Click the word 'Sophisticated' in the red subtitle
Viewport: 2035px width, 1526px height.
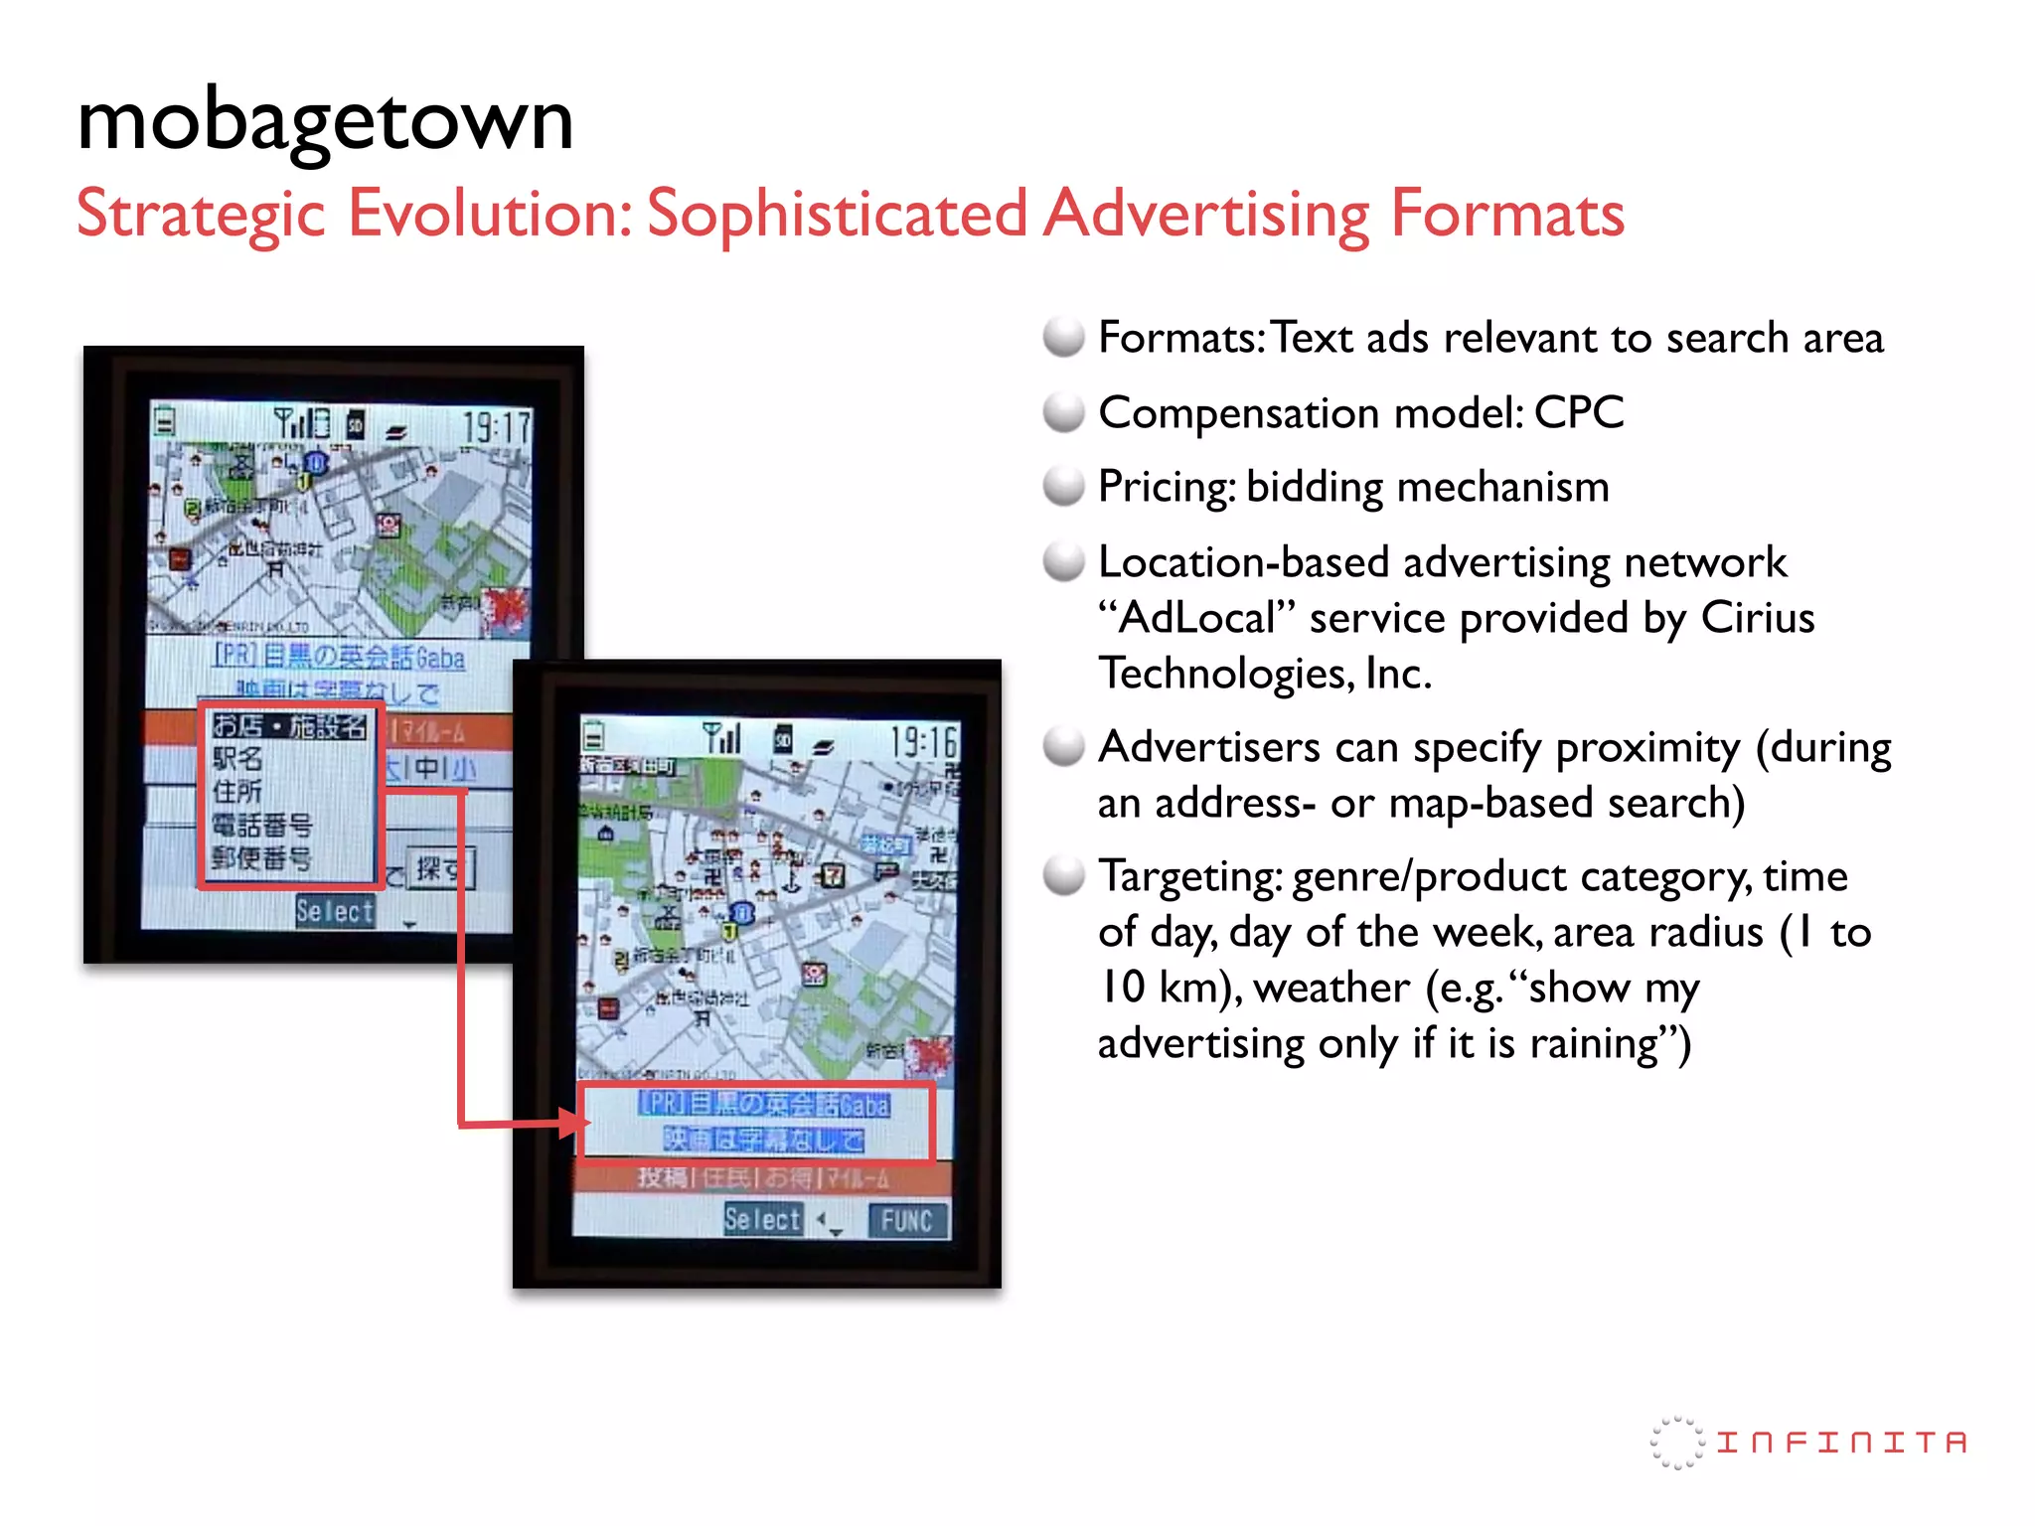[x=836, y=214]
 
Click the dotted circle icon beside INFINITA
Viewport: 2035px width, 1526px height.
[x=1676, y=1443]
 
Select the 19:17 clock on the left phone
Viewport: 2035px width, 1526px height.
[x=497, y=427]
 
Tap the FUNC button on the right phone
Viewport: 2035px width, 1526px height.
[x=906, y=1220]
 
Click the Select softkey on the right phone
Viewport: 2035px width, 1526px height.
[x=762, y=1219]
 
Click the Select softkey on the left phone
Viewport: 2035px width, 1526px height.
[x=335, y=910]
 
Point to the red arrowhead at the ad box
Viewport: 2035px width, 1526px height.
[x=575, y=1124]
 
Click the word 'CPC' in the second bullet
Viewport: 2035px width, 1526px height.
[x=1578, y=412]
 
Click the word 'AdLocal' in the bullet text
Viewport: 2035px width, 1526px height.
[x=1197, y=618]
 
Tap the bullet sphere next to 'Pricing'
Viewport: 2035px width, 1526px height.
[x=1063, y=487]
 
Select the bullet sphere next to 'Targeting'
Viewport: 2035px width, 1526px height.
[x=1063, y=876]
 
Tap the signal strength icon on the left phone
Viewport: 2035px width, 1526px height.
[x=290, y=423]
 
